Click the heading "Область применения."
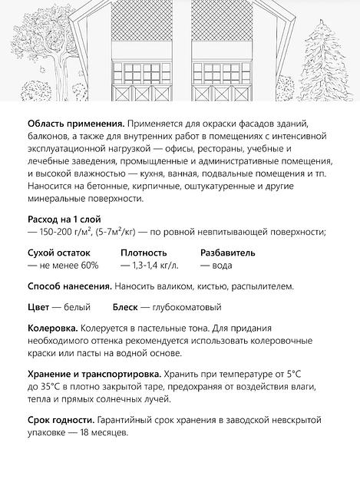75,125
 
